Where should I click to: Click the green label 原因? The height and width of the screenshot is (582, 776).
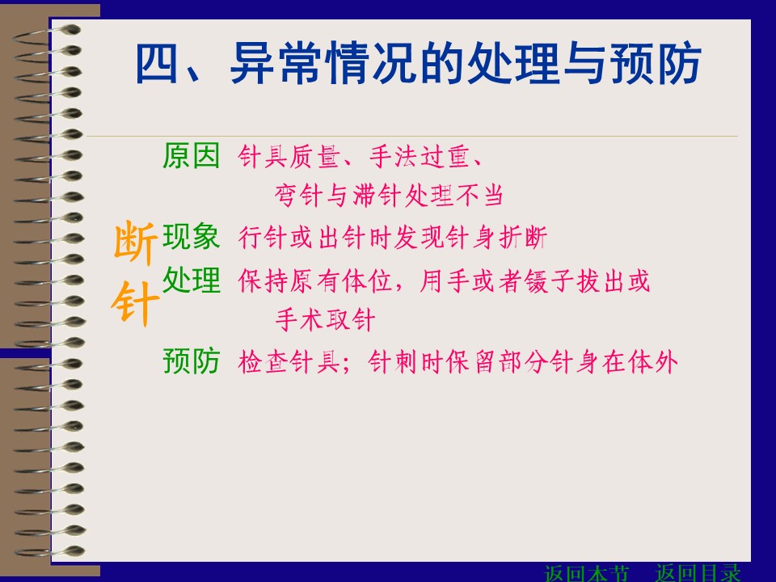[x=192, y=155]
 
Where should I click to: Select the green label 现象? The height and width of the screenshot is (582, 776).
[x=192, y=237]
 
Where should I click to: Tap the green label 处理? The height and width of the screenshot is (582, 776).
[x=192, y=280]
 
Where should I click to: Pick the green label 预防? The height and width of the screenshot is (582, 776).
[x=192, y=361]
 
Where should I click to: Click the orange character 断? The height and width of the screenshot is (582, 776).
[x=136, y=242]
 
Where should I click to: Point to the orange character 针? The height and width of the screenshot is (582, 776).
[x=136, y=304]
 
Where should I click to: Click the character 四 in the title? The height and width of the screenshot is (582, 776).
[x=157, y=63]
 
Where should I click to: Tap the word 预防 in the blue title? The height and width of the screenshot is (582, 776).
[x=656, y=63]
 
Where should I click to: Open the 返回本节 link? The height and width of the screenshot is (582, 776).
[x=586, y=573]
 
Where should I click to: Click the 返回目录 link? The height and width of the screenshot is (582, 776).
[x=698, y=573]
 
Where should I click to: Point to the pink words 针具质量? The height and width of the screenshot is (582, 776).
[x=289, y=157]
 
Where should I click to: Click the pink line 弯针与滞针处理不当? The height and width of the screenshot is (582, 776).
[x=389, y=195]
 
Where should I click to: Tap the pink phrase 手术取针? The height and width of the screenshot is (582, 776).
[x=325, y=319]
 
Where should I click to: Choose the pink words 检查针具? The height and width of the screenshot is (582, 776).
[x=289, y=362]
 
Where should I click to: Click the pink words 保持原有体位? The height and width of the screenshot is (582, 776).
[x=315, y=281]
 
